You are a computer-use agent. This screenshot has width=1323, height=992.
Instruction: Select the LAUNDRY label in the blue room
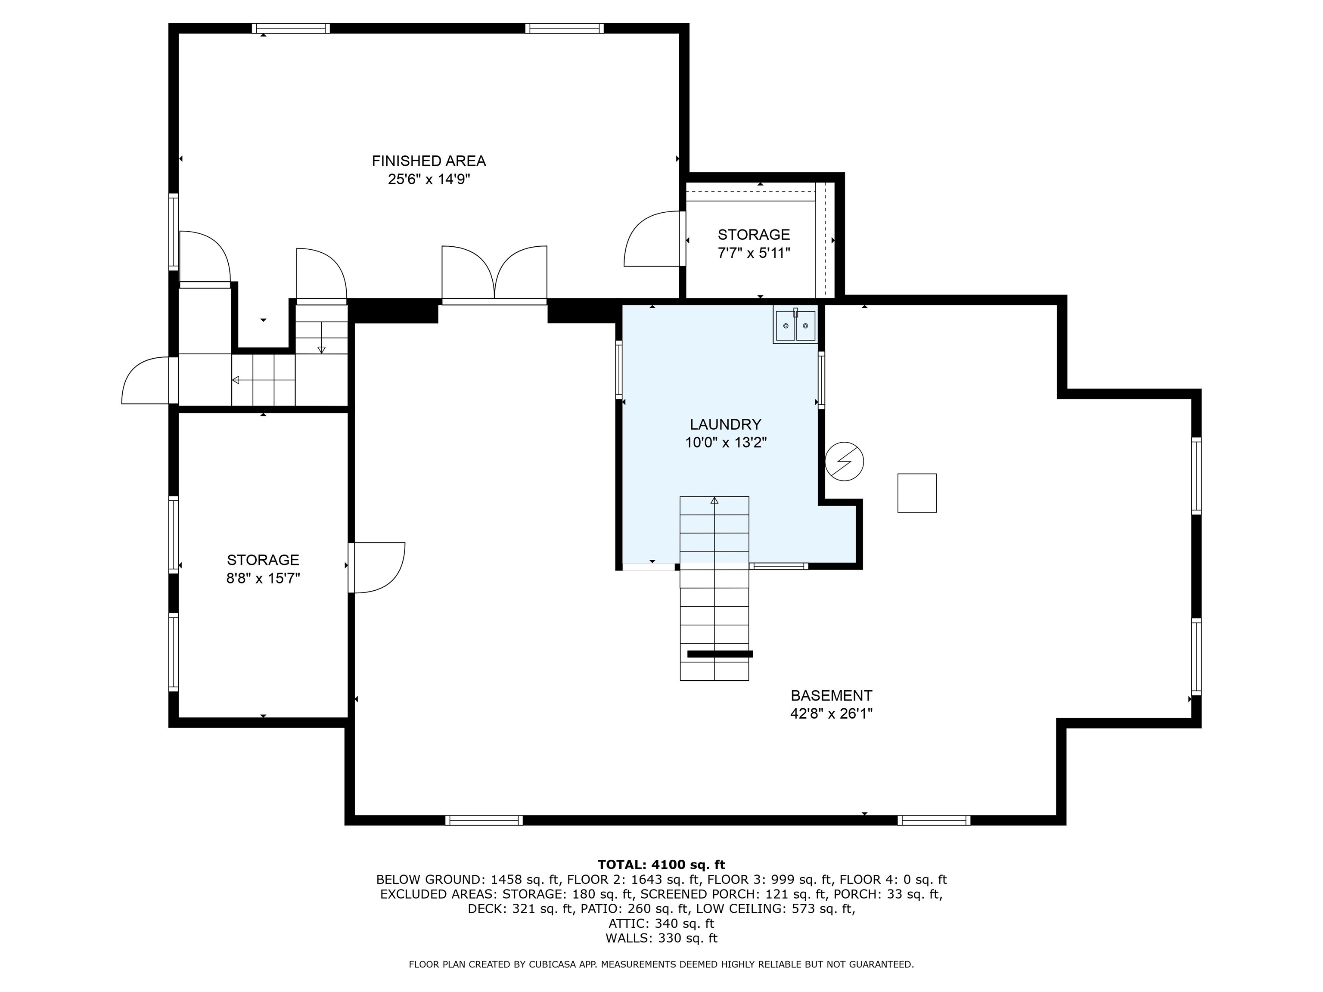[725, 425]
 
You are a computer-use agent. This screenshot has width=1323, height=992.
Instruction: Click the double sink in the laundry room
[795, 326]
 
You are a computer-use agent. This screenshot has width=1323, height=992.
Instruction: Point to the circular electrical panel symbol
[844, 462]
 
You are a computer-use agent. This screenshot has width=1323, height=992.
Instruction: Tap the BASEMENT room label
[831, 695]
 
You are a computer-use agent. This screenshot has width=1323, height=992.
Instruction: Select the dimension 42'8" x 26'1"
[831, 714]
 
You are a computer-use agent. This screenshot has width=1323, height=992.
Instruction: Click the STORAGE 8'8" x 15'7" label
[263, 569]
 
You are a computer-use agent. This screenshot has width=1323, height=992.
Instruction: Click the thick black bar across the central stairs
[720, 654]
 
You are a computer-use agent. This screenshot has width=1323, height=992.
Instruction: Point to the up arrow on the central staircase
[714, 500]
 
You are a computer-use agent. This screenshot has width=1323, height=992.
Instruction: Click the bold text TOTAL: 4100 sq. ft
[661, 865]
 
